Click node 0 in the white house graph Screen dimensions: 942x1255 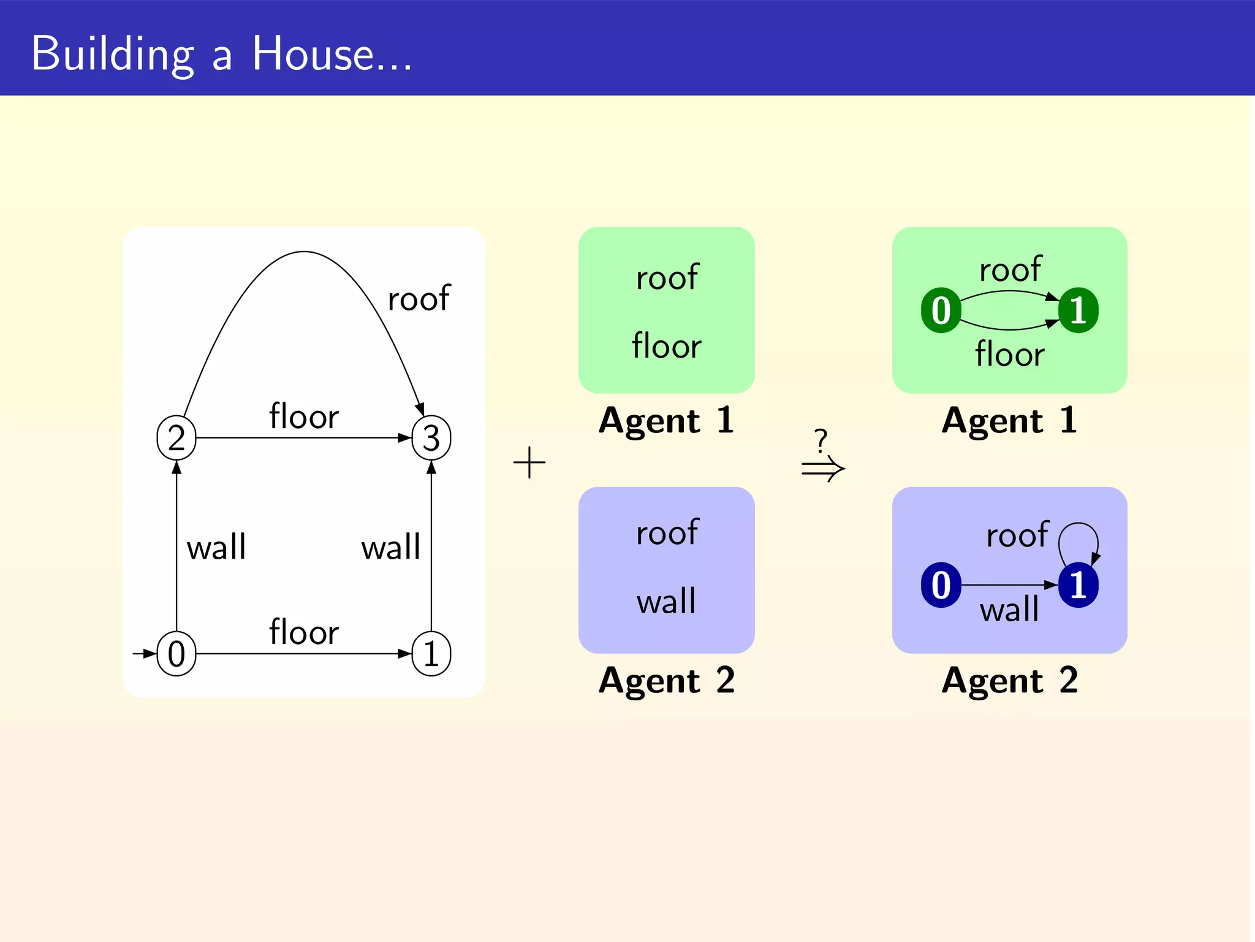[176, 654]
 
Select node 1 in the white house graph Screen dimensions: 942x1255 [431, 654]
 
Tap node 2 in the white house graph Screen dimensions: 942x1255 [176, 438]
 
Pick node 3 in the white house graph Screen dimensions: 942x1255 [431, 438]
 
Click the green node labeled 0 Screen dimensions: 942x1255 [941, 310]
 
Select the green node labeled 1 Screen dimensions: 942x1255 [1079, 310]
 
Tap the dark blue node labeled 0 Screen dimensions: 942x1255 [941, 585]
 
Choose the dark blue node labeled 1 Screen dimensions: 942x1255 [1079, 585]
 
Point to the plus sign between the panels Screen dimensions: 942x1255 [529, 462]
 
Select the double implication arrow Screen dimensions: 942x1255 [823, 469]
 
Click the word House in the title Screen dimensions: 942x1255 [313, 54]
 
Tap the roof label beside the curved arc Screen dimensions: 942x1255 [419, 299]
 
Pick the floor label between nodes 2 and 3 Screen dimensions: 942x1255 [304, 416]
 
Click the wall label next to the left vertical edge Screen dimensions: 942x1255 [216, 547]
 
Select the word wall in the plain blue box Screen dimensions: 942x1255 [667, 601]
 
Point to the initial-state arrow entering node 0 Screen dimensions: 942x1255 [145, 654]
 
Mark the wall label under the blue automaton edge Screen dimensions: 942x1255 [1009, 610]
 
